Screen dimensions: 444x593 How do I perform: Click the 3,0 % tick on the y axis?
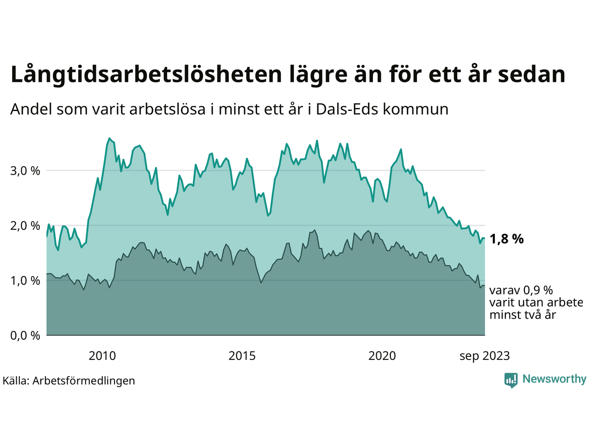pos(25,171)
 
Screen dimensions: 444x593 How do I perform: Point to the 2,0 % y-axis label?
pos(25,226)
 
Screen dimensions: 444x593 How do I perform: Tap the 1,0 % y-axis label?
pos(25,281)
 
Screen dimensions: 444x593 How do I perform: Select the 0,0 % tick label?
pos(25,335)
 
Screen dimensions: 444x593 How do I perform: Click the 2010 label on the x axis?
pos(102,356)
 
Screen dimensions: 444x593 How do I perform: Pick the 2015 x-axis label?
pos(242,356)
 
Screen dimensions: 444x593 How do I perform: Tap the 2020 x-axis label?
pos(382,356)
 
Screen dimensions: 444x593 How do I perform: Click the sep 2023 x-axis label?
pos(485,356)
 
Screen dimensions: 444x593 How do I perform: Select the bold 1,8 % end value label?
pos(506,239)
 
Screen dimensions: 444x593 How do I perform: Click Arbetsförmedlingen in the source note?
pos(84,381)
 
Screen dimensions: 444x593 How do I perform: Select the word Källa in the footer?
pos(16,381)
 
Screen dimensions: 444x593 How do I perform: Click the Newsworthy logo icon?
pos(511,380)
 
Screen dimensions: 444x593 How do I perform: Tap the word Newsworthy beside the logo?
pos(554,379)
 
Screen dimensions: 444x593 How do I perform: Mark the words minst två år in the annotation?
pos(523,315)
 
